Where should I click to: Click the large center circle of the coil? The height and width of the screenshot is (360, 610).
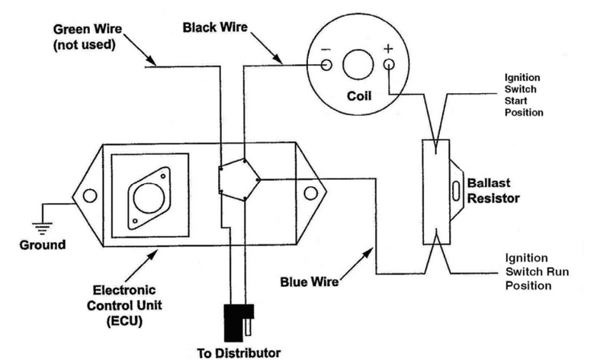click(358, 66)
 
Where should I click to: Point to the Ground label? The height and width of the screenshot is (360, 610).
click(43, 246)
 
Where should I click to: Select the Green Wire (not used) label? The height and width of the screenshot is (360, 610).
click(84, 36)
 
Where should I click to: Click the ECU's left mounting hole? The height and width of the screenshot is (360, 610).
click(90, 195)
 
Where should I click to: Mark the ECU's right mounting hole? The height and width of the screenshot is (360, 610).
click(310, 194)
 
